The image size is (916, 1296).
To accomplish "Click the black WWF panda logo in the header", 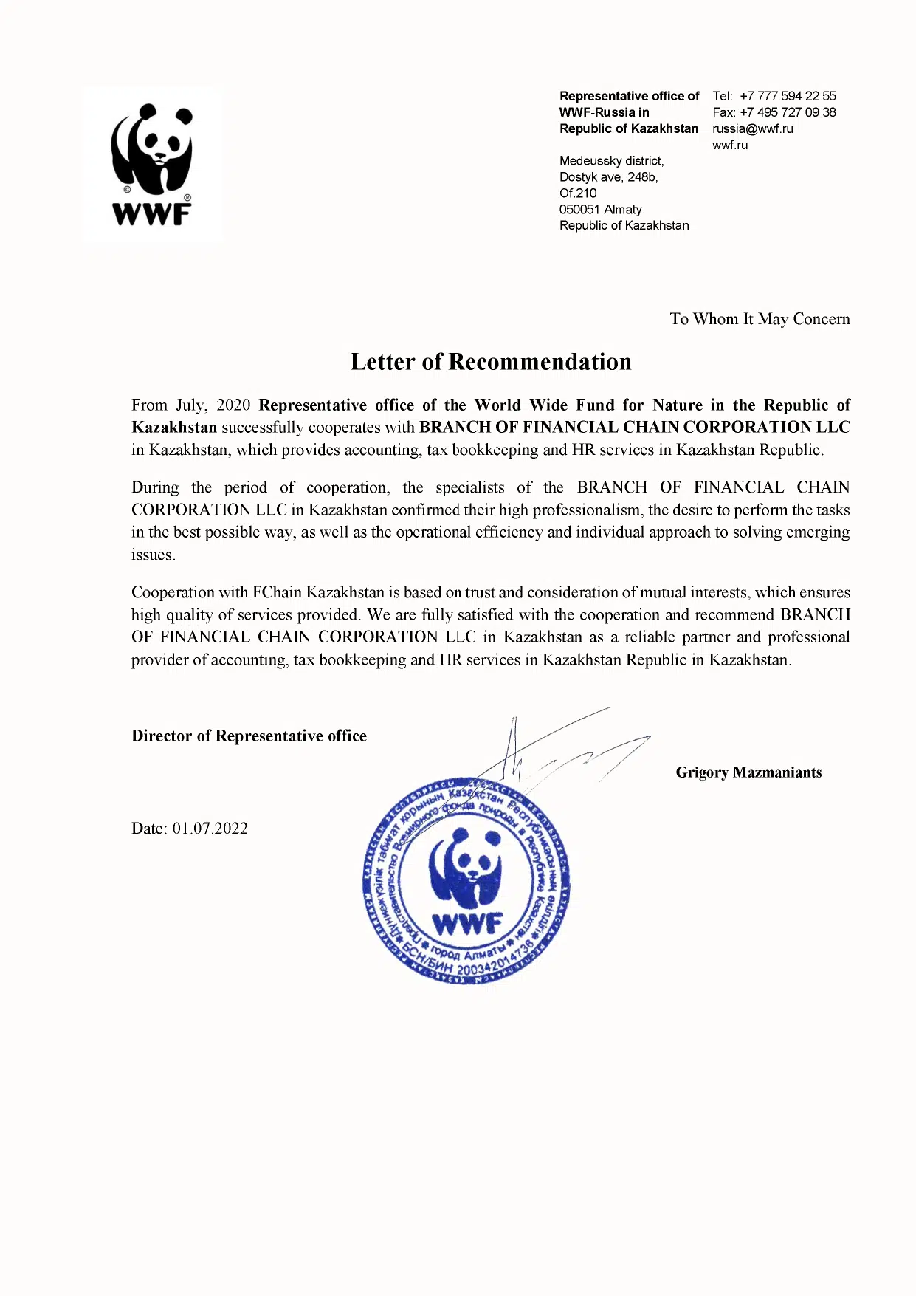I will (x=151, y=164).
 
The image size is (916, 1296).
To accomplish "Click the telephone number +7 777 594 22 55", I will (x=788, y=96).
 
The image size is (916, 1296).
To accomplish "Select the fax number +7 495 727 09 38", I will (x=788, y=112).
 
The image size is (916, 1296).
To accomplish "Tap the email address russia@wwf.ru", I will (x=752, y=128).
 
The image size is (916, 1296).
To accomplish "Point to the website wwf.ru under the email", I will (x=729, y=145).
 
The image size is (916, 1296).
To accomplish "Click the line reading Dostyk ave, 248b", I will (x=608, y=177).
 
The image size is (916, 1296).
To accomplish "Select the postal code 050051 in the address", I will (x=579, y=210).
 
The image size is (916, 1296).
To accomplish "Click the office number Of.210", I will (x=577, y=193).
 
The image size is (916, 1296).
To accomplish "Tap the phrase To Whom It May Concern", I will (x=760, y=319).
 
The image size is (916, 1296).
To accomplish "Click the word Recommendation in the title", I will (x=540, y=362).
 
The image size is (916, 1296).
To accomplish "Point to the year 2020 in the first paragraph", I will (x=233, y=405).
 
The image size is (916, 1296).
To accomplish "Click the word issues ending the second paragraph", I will (x=153, y=555).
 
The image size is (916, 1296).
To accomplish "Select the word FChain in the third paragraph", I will (x=277, y=592).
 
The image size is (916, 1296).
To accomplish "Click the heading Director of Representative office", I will (x=249, y=736).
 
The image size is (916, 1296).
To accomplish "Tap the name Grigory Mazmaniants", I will (x=748, y=772).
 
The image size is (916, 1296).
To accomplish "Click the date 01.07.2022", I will (x=210, y=829).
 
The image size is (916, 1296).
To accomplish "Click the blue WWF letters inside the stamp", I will (x=466, y=922).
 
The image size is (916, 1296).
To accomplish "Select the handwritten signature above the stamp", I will (x=561, y=750).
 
